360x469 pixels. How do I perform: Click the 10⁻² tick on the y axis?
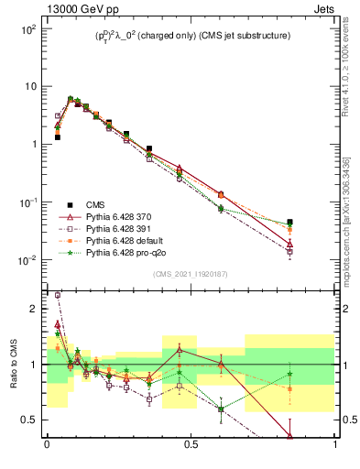tap(29, 260)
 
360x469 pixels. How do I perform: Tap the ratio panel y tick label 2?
tap(34, 309)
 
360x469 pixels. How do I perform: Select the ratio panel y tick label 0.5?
tap(30, 420)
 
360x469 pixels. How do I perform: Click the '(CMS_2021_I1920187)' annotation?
tap(191, 273)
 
